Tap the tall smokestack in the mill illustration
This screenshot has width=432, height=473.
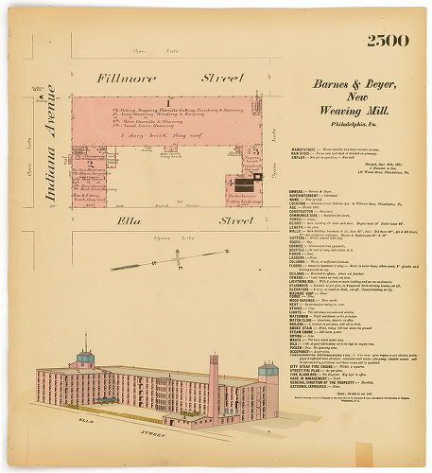[214, 373]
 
